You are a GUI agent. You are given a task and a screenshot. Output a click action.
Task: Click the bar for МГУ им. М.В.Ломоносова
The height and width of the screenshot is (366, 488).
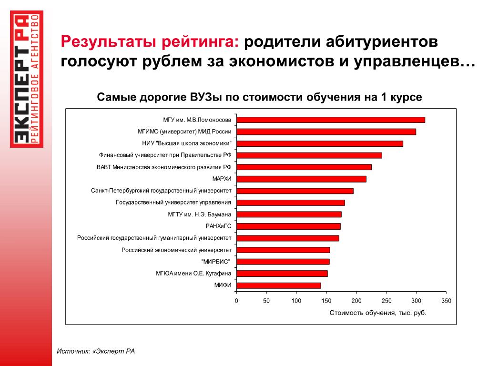[x=331, y=120]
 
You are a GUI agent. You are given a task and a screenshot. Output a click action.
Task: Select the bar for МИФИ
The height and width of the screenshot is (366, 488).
[x=279, y=285]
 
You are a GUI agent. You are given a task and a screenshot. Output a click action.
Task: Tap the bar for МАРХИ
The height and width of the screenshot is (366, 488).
[x=301, y=179]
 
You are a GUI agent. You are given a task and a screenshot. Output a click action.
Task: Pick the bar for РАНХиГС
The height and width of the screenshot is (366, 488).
[x=288, y=226]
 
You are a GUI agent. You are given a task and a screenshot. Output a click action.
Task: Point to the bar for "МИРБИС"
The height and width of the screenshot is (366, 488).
[x=283, y=262]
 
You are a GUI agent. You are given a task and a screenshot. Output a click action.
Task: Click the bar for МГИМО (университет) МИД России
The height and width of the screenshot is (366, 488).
[x=326, y=132]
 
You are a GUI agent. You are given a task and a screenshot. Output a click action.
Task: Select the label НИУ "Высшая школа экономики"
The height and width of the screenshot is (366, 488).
[x=186, y=143]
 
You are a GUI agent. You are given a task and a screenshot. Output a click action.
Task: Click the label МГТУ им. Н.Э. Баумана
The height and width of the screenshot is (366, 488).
[x=199, y=214]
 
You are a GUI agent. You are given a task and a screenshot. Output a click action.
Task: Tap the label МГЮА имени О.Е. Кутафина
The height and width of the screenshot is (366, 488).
[x=193, y=274]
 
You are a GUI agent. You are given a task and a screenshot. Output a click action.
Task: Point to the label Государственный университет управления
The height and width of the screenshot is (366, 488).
[x=173, y=203]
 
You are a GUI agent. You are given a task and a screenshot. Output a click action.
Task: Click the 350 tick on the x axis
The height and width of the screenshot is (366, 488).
[x=446, y=301]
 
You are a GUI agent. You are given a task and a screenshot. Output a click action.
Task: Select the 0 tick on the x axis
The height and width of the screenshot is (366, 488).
[x=236, y=301]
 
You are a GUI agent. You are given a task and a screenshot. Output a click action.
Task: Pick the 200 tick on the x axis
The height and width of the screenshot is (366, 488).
[x=356, y=301]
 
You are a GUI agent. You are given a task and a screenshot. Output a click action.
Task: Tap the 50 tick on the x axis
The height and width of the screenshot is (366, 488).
[x=266, y=301]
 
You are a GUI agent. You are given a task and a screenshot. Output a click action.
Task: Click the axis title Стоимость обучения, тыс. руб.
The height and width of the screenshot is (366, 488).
[x=378, y=313]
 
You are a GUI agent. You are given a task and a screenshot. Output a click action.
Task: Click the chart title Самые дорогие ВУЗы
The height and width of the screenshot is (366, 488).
[x=259, y=97]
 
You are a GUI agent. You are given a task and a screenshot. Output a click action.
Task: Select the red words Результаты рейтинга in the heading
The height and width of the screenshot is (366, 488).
[x=150, y=42]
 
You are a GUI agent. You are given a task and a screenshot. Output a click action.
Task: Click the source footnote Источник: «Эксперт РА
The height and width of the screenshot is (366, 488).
[x=96, y=351]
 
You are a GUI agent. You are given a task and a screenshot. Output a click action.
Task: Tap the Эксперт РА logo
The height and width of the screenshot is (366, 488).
[x=27, y=79]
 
